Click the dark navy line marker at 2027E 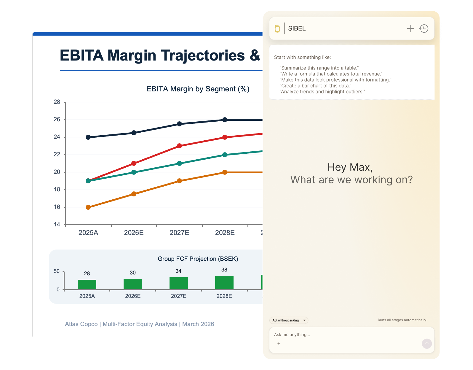point(179,124)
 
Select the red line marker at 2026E point(134,163)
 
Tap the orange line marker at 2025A point(88,207)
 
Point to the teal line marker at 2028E point(225,155)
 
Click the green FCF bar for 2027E point(178,283)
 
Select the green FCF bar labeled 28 point(87,284)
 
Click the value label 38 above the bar point(224,270)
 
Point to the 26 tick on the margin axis point(57,119)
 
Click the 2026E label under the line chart point(134,233)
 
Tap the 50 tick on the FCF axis point(57,271)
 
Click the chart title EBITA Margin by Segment point(198,89)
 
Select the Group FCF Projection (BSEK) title point(198,259)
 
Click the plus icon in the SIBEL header point(410,28)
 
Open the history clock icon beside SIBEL point(424,28)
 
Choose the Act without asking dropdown point(289,320)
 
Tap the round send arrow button point(426,344)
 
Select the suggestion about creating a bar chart point(315,86)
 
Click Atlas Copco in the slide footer point(81,324)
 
